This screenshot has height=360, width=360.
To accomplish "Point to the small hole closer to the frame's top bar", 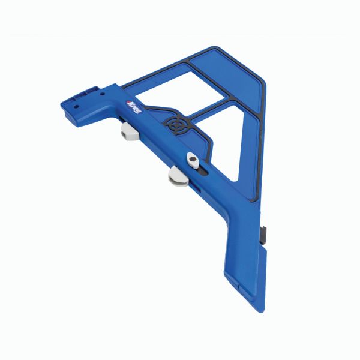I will point(102,94).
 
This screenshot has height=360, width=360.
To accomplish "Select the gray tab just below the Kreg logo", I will point(129,131).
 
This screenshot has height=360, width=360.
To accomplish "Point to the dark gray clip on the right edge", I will point(265,231).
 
